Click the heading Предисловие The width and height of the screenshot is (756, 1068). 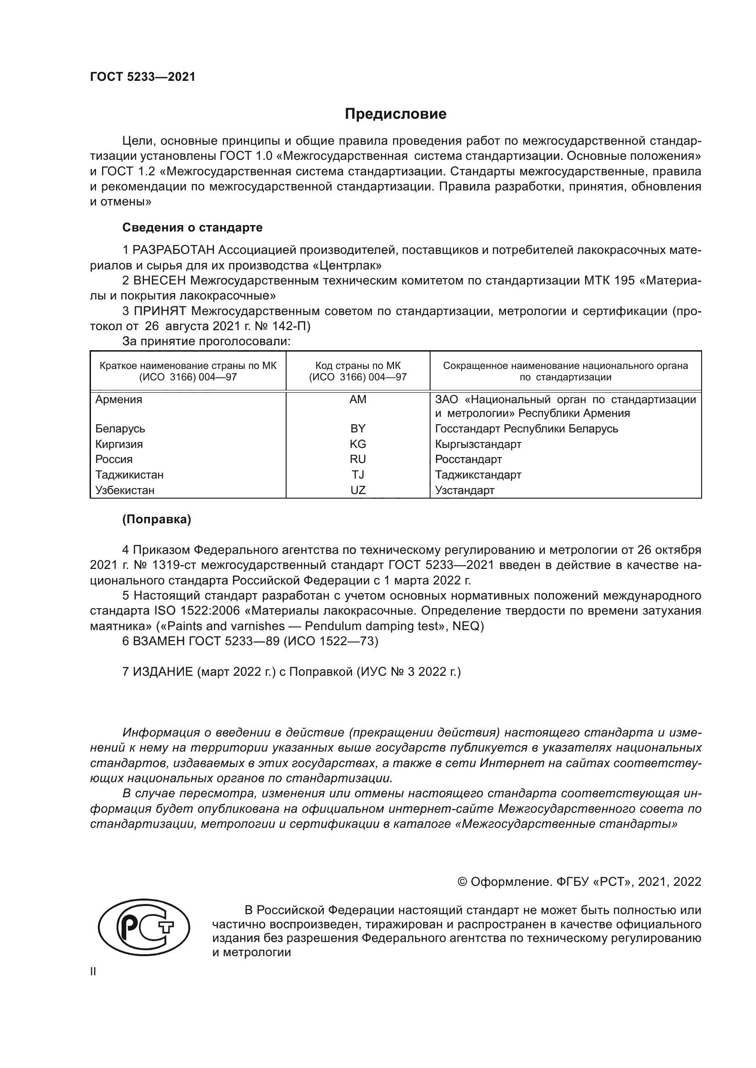[395, 114]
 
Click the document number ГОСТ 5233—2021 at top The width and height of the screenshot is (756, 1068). [143, 77]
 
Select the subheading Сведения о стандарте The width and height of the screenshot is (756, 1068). [192, 227]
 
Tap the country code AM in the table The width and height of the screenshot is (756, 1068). [357, 399]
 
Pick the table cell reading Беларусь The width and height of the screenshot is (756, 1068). [120, 428]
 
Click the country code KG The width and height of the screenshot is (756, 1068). [357, 444]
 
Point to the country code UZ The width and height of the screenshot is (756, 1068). [357, 490]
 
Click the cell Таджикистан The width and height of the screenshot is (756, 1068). [129, 474]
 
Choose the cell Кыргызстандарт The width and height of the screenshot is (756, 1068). [478, 444]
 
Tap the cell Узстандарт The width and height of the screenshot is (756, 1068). [464, 490]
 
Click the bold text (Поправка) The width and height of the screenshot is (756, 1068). [156, 520]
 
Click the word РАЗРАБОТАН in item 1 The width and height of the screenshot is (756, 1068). [174, 250]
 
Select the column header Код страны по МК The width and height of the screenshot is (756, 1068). [357, 366]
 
